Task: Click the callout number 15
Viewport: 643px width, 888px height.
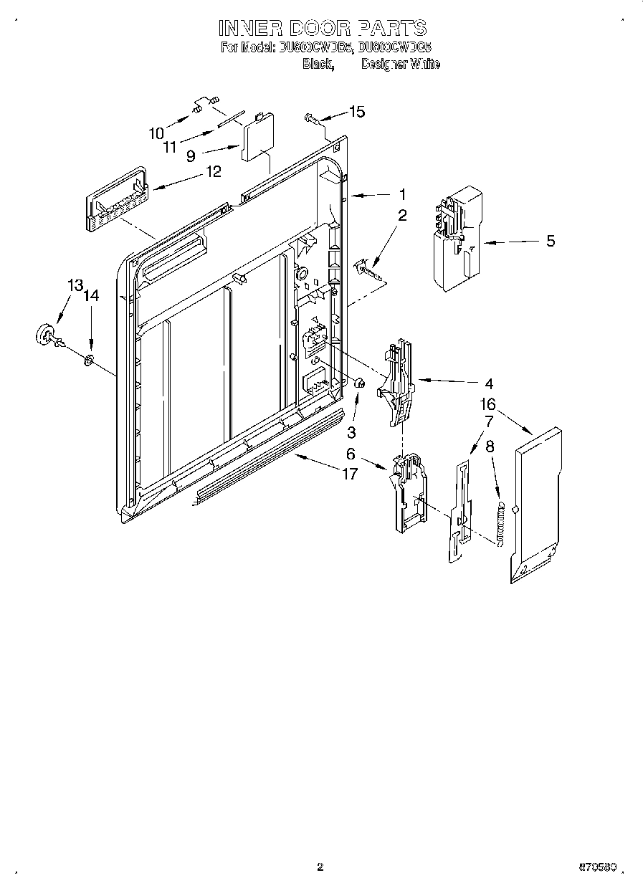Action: pos(356,111)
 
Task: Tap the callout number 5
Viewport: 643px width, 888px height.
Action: pos(550,241)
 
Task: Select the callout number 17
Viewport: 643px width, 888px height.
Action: pos(349,474)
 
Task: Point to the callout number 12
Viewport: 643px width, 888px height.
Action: pos(213,171)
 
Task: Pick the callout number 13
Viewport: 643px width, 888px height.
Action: pos(75,285)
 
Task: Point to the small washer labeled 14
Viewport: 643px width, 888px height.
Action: pos(88,358)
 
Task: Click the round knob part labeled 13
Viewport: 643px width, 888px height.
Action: pos(47,335)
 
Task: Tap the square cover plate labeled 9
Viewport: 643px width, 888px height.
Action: pos(254,138)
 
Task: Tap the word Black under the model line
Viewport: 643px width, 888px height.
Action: pos(317,65)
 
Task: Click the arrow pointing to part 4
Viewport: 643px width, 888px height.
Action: pos(452,381)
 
